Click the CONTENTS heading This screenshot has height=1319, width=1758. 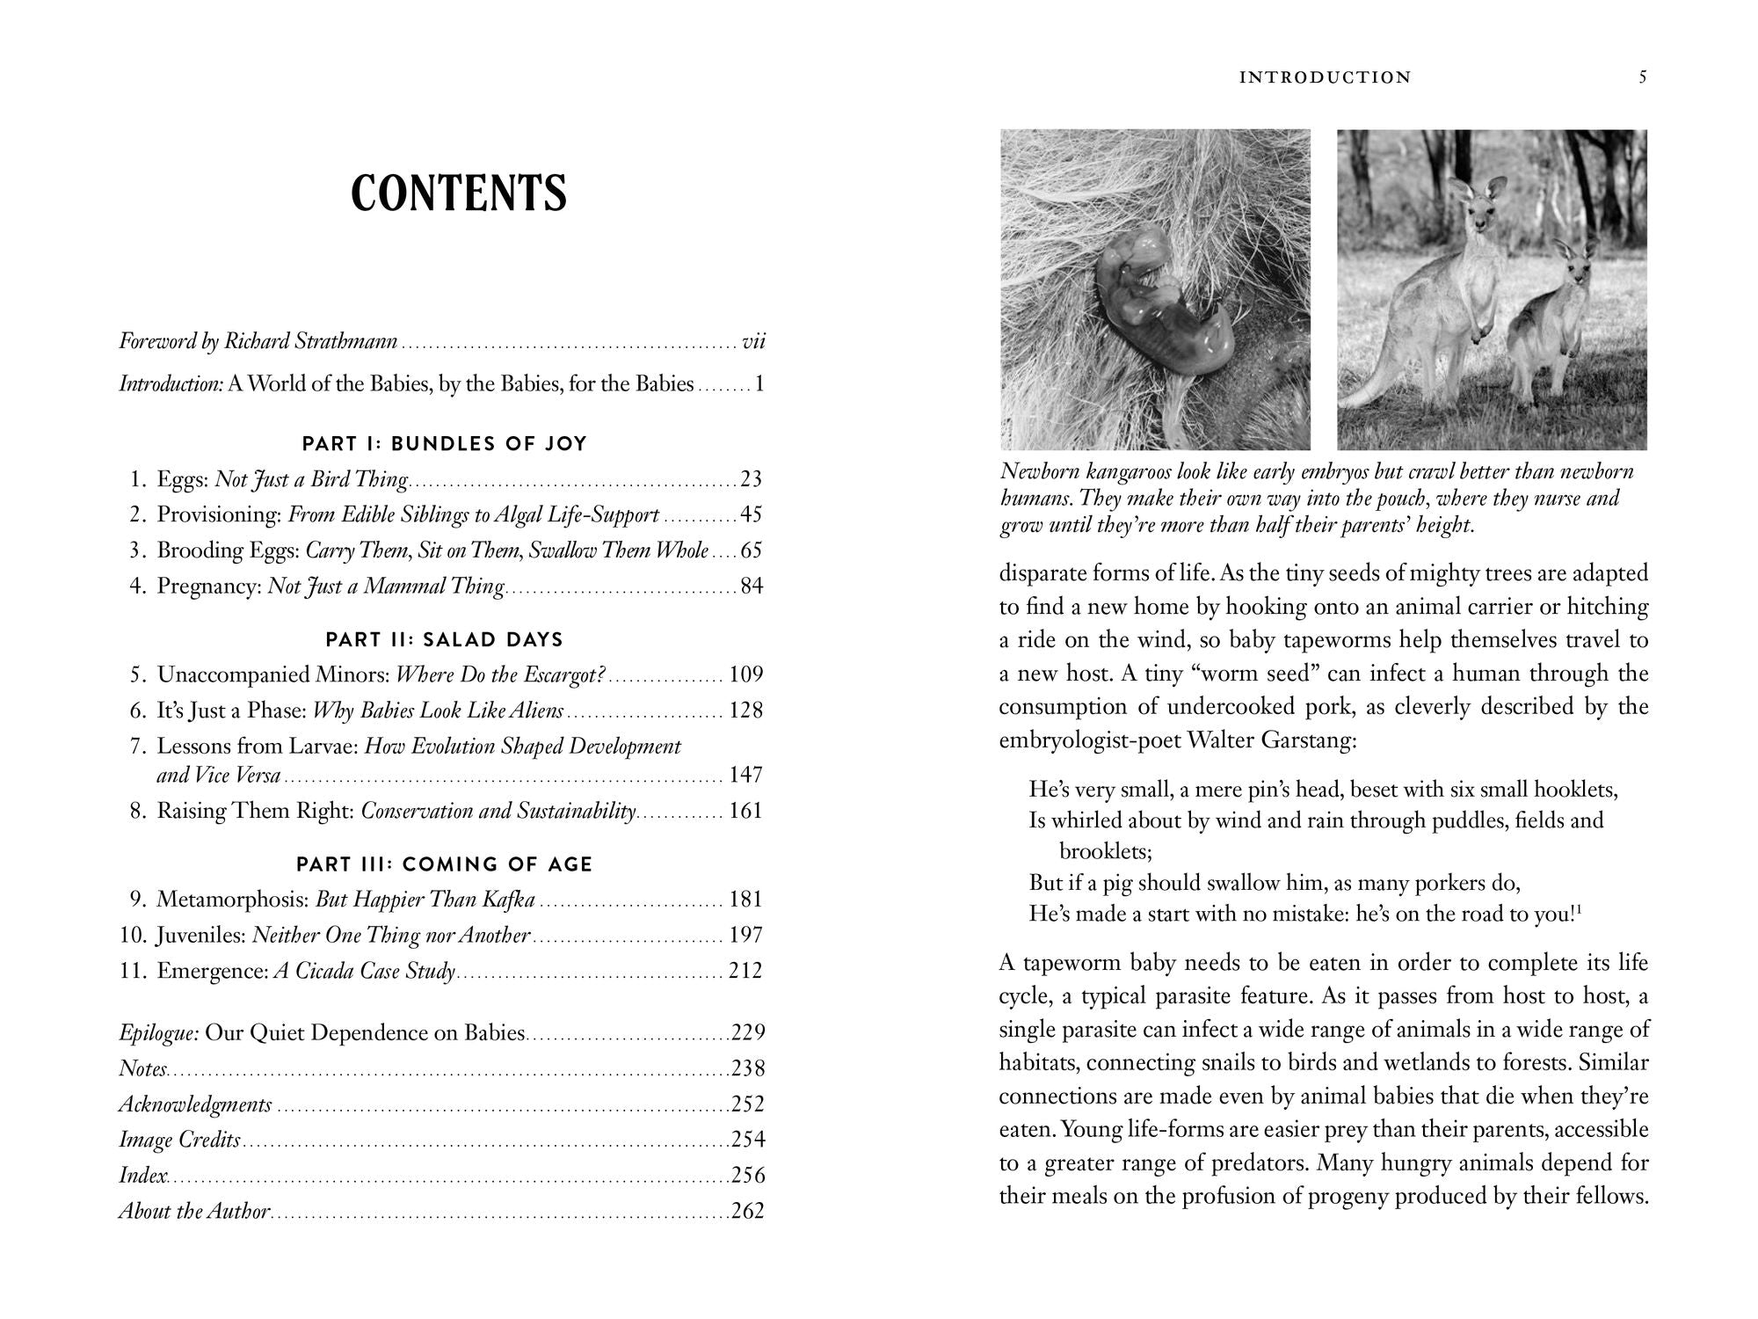pos(458,194)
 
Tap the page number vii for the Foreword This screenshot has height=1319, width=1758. pos(753,341)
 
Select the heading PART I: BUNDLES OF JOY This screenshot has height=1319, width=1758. pos(444,444)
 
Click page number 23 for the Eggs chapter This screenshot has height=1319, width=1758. pos(752,479)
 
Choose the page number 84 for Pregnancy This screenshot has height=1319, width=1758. pos(752,587)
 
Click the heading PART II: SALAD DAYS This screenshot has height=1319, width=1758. pos(444,640)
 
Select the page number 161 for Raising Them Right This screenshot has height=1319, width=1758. pos(745,811)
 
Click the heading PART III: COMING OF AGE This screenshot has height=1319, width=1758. pos(444,864)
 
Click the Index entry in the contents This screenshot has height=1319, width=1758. pos(142,1176)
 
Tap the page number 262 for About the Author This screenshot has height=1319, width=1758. pos(748,1212)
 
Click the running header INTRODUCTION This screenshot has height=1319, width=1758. pos(1325,77)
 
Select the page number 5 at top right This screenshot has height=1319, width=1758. pos(1643,77)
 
